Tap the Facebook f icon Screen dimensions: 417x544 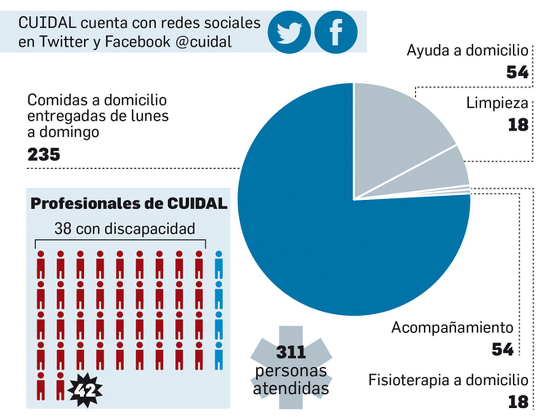(336, 32)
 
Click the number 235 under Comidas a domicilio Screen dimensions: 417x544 (44, 155)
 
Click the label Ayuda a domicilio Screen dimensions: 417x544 (467, 51)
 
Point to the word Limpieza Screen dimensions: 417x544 (497, 103)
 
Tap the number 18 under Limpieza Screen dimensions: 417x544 (518, 125)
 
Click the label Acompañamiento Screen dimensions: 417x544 (452, 328)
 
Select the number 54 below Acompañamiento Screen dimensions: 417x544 (502, 349)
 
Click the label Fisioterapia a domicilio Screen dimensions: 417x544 (448, 380)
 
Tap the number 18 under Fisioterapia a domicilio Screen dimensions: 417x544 (518, 402)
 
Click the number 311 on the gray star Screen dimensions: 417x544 (291, 352)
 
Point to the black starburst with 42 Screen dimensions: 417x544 (85, 390)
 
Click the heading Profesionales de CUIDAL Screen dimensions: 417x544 (129, 204)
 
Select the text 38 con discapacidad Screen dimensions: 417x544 (124, 229)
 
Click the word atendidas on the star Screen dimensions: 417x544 (291, 388)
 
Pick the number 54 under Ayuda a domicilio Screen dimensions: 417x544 (517, 72)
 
